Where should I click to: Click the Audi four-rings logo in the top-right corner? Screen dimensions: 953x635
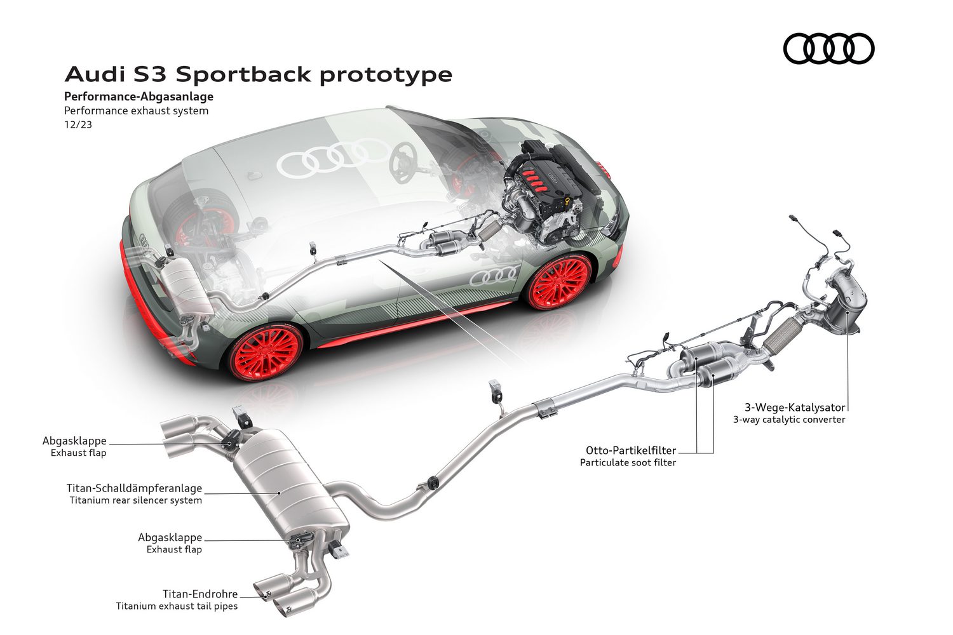(x=828, y=48)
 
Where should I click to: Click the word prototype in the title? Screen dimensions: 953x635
(x=386, y=75)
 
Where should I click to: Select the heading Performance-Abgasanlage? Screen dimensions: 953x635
(x=139, y=97)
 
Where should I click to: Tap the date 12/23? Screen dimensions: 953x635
(x=78, y=124)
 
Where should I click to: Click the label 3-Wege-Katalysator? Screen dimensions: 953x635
(x=795, y=408)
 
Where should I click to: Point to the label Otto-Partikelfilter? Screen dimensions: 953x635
(x=631, y=450)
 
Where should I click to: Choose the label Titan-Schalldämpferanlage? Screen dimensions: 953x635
(x=135, y=488)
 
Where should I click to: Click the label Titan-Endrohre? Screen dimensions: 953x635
(x=200, y=594)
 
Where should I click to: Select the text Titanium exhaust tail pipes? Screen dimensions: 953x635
(x=177, y=606)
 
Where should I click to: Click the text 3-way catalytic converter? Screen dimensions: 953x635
(x=789, y=420)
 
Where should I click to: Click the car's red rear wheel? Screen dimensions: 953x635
(x=266, y=354)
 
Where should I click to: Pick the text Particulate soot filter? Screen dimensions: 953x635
(x=628, y=463)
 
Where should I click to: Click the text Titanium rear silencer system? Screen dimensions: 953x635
(x=136, y=500)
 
